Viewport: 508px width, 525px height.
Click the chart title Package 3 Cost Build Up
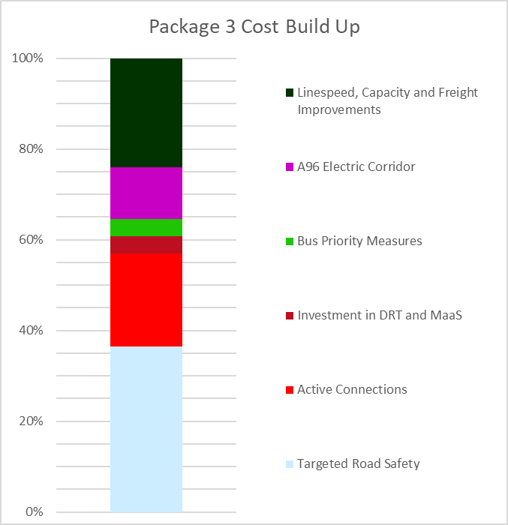point(254,27)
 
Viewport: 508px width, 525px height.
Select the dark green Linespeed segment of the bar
point(146,112)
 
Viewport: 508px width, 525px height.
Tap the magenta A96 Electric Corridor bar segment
point(146,193)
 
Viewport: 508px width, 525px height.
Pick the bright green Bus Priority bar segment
point(146,227)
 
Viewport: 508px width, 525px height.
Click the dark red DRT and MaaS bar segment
point(146,244)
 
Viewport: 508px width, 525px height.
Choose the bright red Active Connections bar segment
point(146,299)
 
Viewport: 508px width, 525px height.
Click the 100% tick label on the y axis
point(27,58)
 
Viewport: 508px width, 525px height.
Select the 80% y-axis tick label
point(30,149)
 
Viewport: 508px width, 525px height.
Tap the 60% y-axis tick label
point(30,240)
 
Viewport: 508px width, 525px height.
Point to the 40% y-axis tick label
point(30,331)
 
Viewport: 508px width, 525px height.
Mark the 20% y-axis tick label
point(30,421)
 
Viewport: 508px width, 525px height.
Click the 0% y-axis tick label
point(33,512)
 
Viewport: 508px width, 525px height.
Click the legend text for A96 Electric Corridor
point(356,166)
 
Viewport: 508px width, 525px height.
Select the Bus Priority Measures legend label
point(359,241)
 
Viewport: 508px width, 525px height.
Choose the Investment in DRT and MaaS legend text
point(379,315)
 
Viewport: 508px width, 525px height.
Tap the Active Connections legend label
point(352,389)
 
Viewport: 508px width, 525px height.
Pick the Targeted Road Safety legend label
point(358,463)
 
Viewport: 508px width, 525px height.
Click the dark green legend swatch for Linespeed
point(289,93)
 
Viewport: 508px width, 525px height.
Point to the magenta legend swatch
point(289,167)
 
